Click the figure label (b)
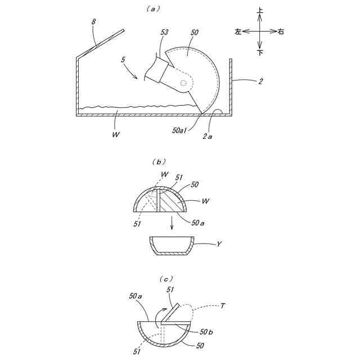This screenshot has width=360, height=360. (157, 161)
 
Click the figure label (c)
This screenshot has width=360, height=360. (167, 278)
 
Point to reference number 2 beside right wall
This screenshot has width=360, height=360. (260, 82)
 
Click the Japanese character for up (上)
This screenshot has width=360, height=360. (260, 11)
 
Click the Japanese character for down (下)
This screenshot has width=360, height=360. (260, 52)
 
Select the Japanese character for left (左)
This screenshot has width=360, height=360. (238, 32)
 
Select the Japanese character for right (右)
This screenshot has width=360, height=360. (281, 32)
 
